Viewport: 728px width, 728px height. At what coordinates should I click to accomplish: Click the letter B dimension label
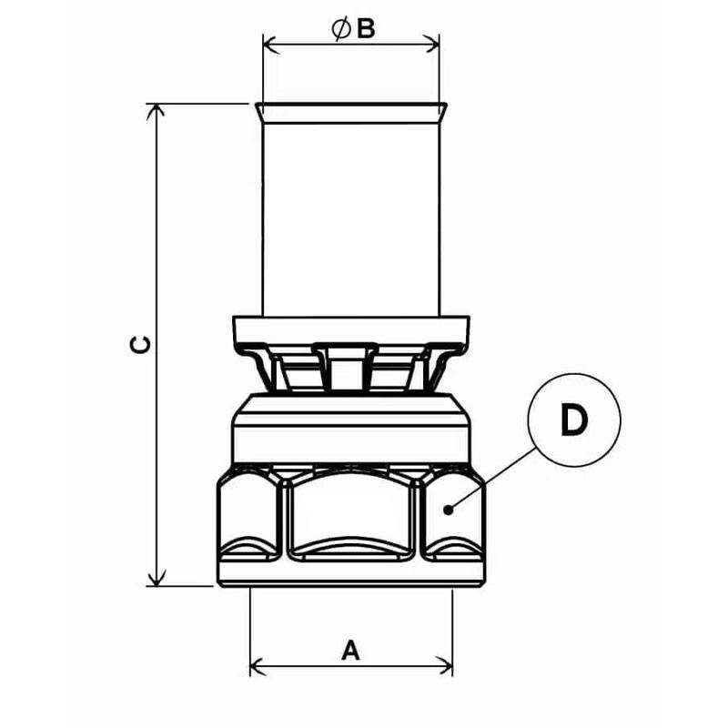coord(366,29)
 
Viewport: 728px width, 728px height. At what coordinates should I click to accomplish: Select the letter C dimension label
coord(140,345)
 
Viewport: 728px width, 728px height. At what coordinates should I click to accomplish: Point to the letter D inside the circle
coord(574,420)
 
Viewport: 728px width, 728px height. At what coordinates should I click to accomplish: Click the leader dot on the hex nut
coord(448,510)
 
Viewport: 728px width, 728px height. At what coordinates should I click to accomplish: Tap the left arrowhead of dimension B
coord(271,45)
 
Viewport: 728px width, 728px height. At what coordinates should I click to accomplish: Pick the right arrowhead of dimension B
coord(430,45)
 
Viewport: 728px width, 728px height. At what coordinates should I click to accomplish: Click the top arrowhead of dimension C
coord(156,112)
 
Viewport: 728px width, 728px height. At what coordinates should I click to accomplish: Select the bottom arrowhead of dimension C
coord(156,577)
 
